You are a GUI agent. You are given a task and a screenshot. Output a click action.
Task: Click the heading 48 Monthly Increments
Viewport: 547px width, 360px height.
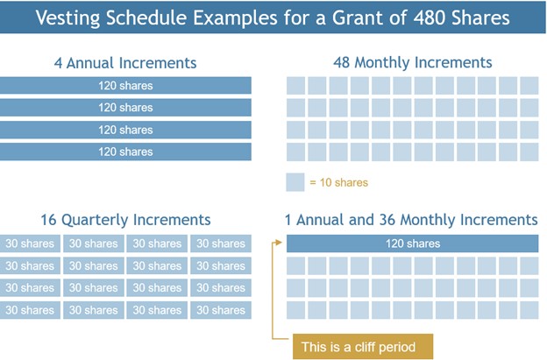coord(412,62)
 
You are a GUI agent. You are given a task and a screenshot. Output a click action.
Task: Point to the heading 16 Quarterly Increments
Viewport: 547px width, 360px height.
coord(125,220)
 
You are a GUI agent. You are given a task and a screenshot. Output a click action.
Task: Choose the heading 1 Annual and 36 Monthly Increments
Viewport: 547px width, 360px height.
coord(411,220)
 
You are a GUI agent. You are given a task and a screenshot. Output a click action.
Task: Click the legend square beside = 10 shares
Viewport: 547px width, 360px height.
coord(295,182)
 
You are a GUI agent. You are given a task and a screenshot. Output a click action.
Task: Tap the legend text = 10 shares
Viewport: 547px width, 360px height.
coord(338,182)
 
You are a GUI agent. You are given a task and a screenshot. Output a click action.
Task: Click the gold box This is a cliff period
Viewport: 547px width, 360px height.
coord(363,347)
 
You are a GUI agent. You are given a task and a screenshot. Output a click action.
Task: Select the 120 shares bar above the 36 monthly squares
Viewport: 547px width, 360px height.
coord(412,244)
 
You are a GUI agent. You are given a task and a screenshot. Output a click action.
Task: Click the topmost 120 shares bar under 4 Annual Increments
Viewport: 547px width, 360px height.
coord(125,86)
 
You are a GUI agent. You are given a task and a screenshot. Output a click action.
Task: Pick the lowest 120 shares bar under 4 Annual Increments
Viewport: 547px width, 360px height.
coord(125,152)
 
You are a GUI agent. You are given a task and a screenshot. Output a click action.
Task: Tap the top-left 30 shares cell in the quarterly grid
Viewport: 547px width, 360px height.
coord(31,244)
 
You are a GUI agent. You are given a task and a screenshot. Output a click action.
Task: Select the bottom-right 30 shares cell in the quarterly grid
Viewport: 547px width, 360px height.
coord(220,310)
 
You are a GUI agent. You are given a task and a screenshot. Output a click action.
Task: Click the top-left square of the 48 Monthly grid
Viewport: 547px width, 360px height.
coord(296,86)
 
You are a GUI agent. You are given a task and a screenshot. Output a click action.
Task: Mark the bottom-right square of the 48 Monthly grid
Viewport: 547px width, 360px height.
coord(529,151)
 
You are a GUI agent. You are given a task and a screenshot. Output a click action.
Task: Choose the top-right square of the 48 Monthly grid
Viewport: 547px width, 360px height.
coord(529,86)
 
